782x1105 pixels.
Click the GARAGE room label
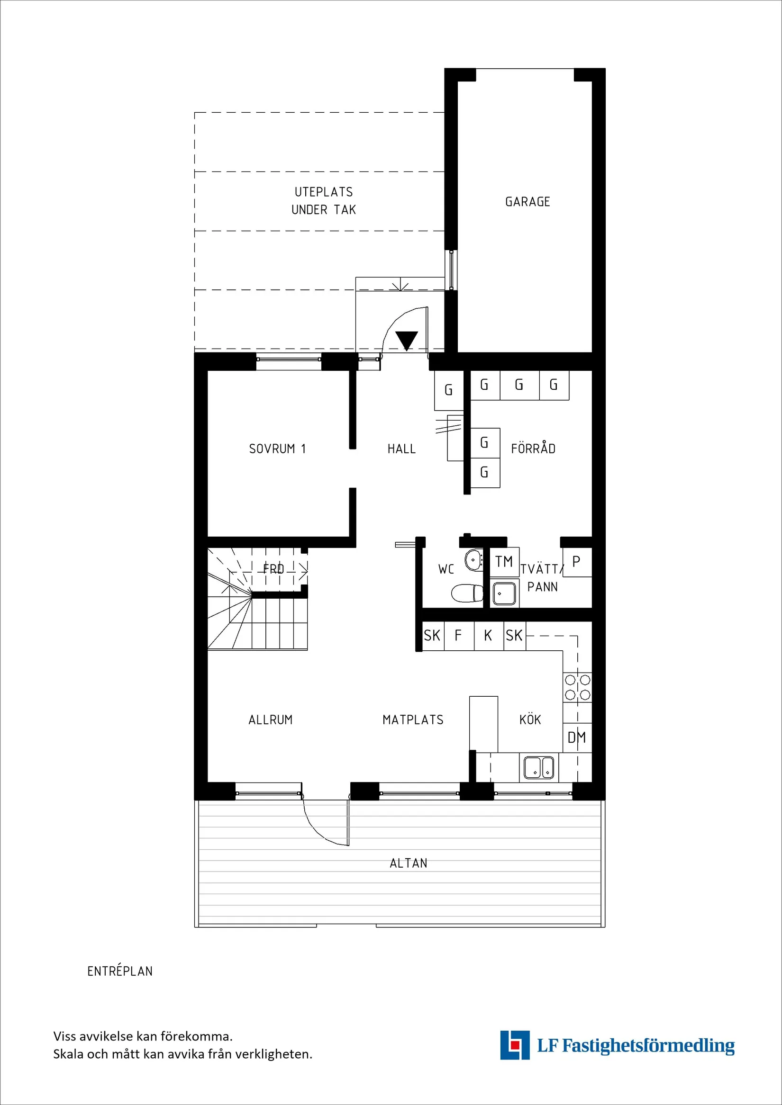click(527, 202)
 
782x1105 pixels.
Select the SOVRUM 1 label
click(277, 449)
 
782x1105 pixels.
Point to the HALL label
click(401, 449)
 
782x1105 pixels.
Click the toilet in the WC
click(467, 593)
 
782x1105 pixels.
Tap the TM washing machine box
click(504, 562)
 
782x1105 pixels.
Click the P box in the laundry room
click(576, 562)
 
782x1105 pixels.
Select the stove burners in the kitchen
click(577, 687)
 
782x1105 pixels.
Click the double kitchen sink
click(539, 767)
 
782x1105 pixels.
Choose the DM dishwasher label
click(576, 737)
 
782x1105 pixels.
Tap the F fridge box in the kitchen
click(458, 636)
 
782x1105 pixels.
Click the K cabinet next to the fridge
click(488, 636)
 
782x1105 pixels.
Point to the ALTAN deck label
click(409, 863)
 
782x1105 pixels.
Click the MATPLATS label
click(413, 720)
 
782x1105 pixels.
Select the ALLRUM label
click(270, 720)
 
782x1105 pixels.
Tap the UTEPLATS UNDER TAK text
click(324, 201)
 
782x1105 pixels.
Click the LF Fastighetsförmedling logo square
click(515, 1045)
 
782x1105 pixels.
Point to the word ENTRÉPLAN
click(120, 971)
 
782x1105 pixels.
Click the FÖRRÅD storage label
click(533, 449)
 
